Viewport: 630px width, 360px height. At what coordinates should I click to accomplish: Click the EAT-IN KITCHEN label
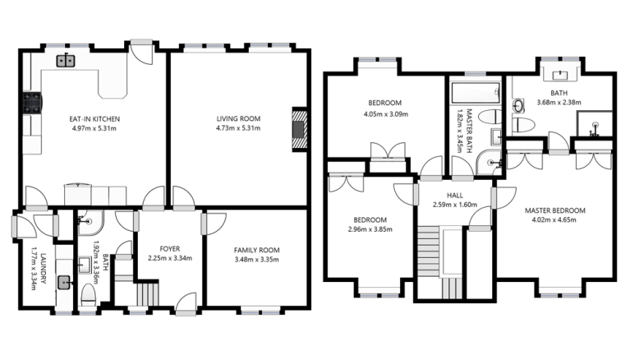point(94,119)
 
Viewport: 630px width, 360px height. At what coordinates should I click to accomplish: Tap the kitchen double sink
point(66,61)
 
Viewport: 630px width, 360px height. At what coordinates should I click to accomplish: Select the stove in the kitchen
point(32,103)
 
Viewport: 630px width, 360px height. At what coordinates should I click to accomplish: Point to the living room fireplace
point(299,129)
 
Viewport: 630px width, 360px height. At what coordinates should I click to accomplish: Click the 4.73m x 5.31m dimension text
point(238,128)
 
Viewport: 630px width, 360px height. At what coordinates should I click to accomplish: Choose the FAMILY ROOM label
point(257,250)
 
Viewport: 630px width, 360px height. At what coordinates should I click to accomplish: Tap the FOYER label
point(170,249)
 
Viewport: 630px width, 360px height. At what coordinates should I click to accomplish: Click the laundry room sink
point(64,283)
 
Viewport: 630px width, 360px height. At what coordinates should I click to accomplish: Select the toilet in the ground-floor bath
point(89,295)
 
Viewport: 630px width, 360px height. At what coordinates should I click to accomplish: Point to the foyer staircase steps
point(148,293)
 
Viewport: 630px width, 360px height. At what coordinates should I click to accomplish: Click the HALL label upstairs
point(455,196)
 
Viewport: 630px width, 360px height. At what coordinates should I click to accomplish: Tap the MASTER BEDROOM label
point(555,210)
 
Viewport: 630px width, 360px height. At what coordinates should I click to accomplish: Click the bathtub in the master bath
point(476,93)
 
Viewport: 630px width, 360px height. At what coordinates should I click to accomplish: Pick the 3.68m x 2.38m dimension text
point(559,103)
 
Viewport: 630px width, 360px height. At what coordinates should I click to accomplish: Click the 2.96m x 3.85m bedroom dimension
point(370,229)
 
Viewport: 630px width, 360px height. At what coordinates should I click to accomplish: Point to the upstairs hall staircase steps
point(428,252)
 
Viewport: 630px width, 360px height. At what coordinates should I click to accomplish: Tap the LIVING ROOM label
point(239,118)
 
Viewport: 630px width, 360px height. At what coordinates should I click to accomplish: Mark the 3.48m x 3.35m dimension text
point(257,260)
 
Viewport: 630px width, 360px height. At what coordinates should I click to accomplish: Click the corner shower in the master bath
point(489,163)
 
